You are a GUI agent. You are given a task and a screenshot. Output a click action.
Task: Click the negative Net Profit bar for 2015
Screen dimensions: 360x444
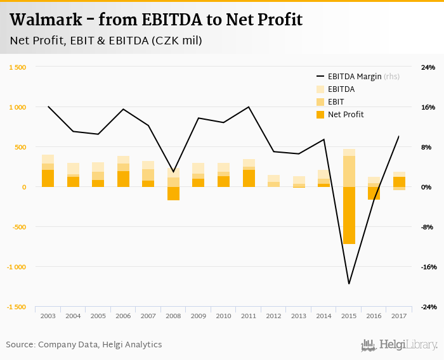pos(349,215)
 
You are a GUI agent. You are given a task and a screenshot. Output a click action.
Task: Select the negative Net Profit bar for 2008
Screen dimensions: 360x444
pos(173,193)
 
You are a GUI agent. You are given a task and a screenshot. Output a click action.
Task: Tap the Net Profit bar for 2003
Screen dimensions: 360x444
pos(48,178)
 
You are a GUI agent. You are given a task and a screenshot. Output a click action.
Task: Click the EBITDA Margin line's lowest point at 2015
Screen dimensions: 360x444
pos(349,283)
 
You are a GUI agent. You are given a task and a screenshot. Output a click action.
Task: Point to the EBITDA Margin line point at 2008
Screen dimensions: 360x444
pos(173,172)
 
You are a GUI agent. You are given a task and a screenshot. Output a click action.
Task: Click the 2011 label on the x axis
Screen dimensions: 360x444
pos(249,316)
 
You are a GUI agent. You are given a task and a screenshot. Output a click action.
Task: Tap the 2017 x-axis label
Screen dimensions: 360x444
pos(399,316)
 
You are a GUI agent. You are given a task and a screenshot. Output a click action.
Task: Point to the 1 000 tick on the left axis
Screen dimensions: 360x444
pos(18,107)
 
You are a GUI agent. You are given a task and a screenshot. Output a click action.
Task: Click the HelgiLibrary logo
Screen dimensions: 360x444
pos(399,345)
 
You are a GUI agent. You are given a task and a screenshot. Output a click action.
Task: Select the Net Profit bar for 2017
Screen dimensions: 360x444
pos(399,182)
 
